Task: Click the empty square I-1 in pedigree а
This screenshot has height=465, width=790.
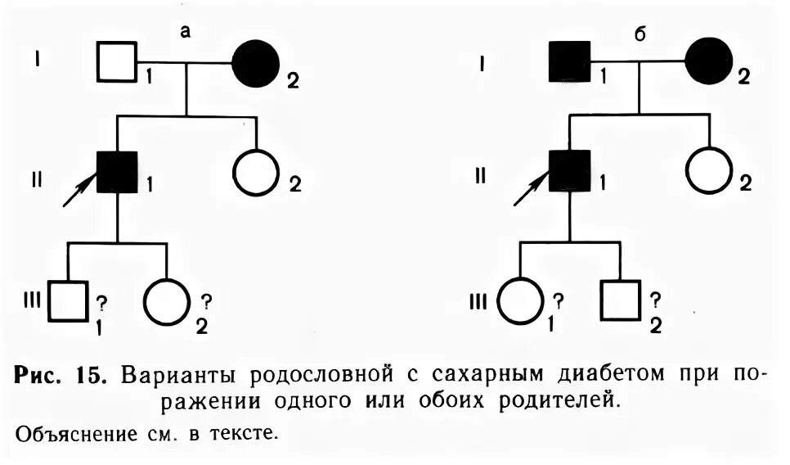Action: coord(117,61)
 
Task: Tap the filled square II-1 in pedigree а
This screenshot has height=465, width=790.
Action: coord(117,172)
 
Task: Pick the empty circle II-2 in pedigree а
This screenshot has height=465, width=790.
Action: coord(256,172)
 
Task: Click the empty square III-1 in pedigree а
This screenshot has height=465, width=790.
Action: coord(68,300)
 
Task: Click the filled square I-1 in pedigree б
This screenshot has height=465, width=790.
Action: coord(569,61)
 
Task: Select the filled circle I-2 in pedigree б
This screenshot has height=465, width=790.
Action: coord(709,62)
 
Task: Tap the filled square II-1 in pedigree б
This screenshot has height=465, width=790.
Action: coord(569,172)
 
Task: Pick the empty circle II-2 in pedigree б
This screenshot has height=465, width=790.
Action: coord(709,172)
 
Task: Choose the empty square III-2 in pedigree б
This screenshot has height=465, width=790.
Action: coord(620,300)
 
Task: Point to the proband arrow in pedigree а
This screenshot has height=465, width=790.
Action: coord(79,192)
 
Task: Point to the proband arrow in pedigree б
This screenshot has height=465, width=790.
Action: coord(530,192)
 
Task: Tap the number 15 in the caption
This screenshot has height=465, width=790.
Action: coord(88,376)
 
